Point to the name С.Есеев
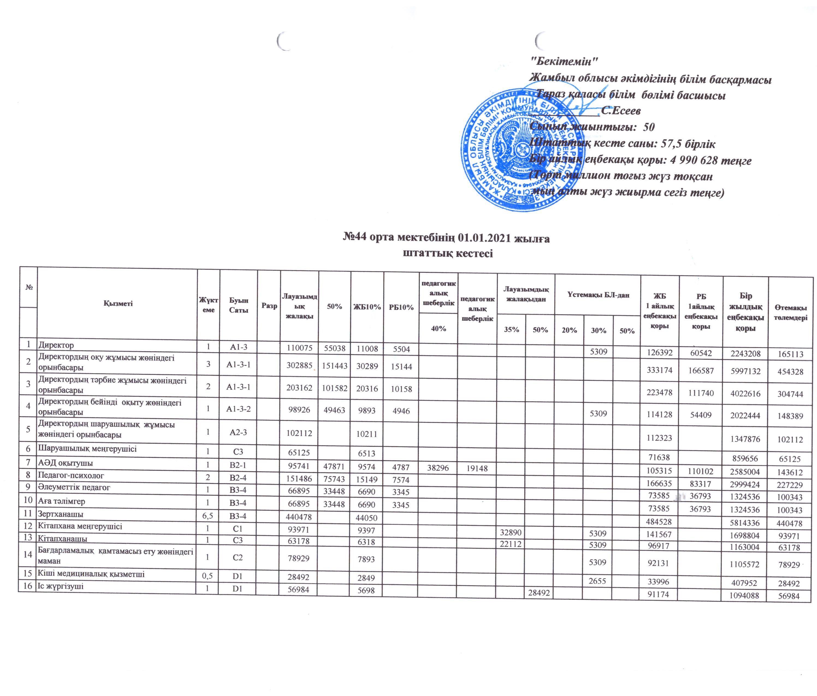(x=621, y=111)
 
